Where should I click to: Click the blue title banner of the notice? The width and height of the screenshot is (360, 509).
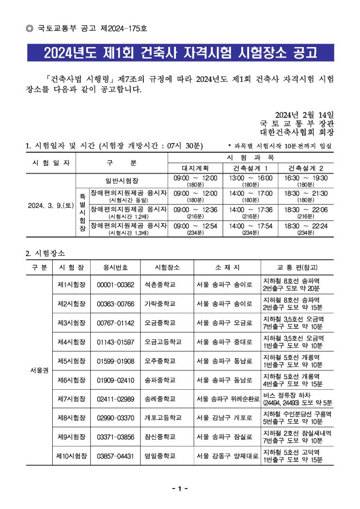(x=180, y=52)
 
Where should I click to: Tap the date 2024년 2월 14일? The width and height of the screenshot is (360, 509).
(x=304, y=114)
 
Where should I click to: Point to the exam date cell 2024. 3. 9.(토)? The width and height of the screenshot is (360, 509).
(x=50, y=205)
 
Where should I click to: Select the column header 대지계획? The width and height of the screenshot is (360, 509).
(x=195, y=168)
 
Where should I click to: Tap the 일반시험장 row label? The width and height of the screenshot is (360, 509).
(x=122, y=180)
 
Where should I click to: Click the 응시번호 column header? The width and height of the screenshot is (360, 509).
(x=115, y=268)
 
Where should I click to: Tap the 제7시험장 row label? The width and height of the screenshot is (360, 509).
(x=71, y=398)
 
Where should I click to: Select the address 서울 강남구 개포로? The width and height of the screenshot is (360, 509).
(x=224, y=417)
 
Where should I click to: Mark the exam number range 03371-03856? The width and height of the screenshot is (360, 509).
(x=115, y=437)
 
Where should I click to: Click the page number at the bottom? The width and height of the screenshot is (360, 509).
(x=180, y=489)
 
